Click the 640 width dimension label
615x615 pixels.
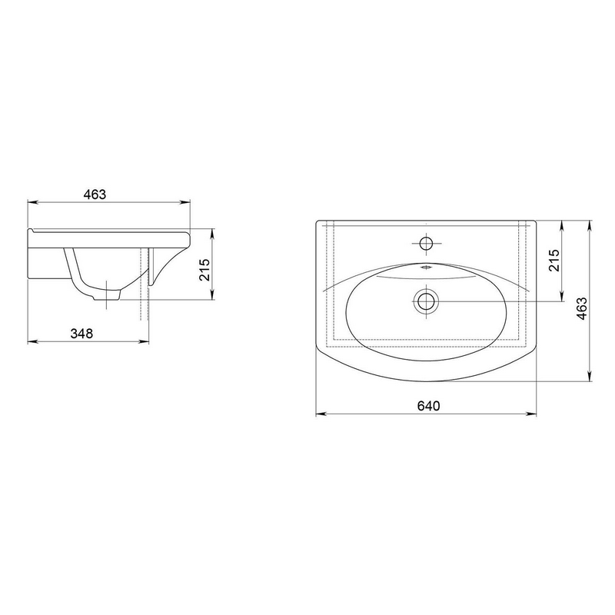click(428, 406)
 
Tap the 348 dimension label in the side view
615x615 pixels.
click(81, 334)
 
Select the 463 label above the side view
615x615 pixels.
click(95, 194)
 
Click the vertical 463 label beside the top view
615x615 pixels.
click(582, 308)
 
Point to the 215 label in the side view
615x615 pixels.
click(205, 270)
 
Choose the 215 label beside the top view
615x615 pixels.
click(554, 261)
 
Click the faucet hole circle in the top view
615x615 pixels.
click(426, 244)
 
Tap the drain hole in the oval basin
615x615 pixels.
click(426, 301)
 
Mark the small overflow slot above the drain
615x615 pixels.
click(426, 268)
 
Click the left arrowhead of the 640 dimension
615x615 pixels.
click(321, 414)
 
